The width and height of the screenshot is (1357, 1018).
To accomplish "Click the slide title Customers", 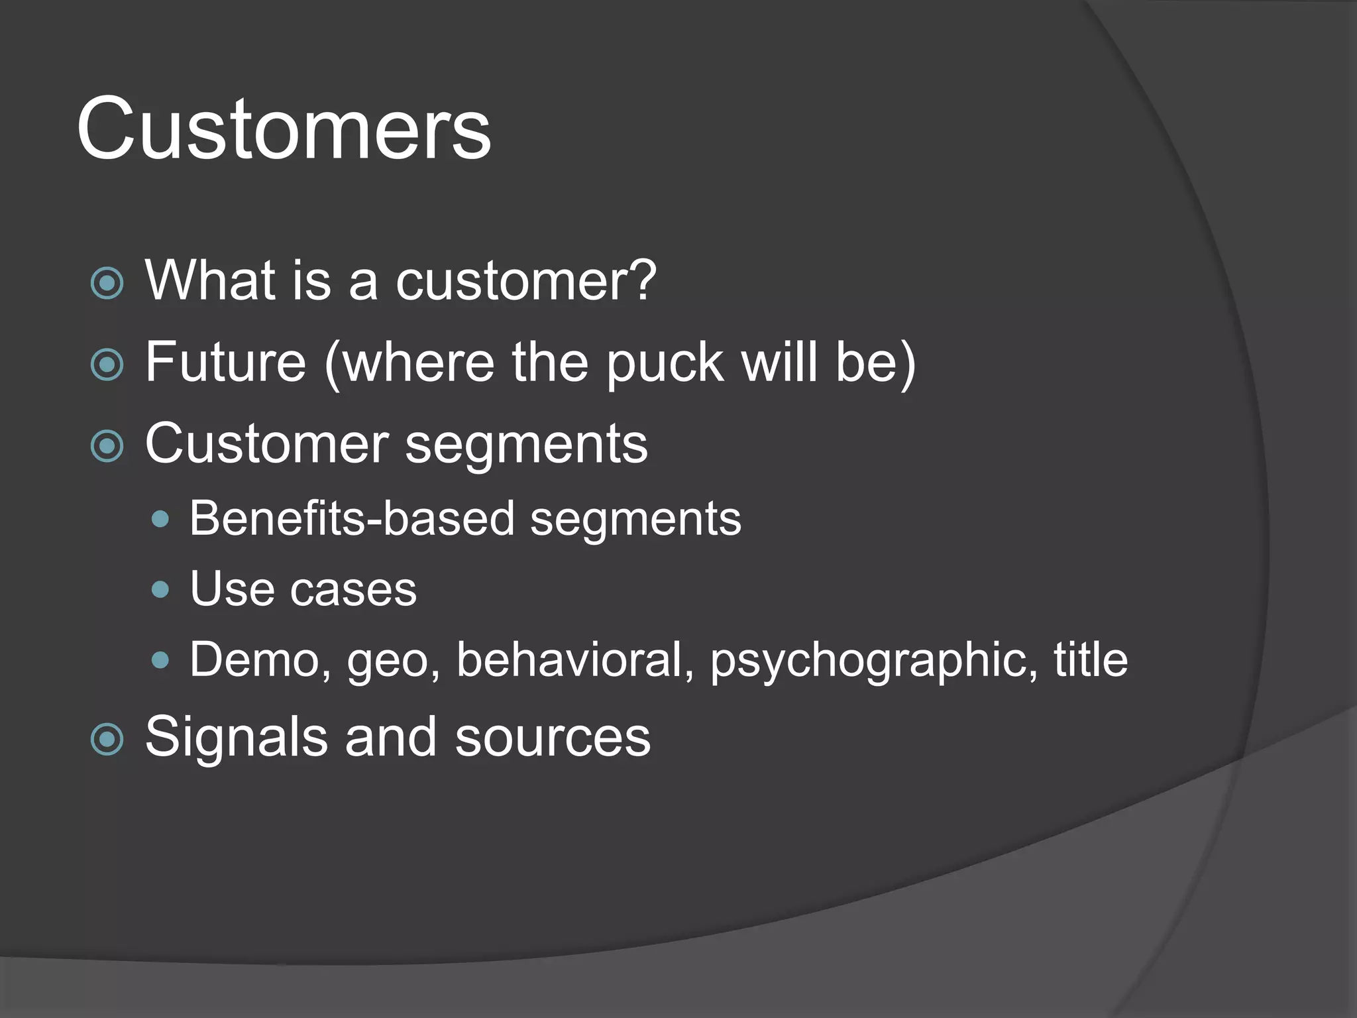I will point(284,129).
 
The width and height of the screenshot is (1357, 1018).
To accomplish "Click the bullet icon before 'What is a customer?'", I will point(107,283).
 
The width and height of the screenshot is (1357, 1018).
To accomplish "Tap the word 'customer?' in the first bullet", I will point(525,281).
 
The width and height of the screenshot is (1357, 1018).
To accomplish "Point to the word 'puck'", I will point(665,364).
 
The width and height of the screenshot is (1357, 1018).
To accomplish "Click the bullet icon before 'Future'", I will point(107,365).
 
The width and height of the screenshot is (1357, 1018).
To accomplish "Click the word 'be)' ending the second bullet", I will point(875,363).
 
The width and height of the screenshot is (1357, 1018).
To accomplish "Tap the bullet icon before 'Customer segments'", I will point(107,446).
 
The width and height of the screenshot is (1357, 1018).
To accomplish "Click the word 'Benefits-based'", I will point(351,518).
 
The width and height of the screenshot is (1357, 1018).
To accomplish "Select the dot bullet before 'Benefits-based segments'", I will point(160,519).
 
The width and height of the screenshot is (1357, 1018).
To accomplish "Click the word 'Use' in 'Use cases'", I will point(231,589).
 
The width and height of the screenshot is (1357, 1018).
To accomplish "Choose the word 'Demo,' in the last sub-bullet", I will point(260,660).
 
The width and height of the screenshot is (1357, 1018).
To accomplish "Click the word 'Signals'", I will point(236,738).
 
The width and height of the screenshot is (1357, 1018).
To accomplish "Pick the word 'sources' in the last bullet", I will point(553,738).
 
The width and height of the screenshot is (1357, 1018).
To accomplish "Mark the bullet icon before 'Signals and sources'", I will point(107,739).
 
